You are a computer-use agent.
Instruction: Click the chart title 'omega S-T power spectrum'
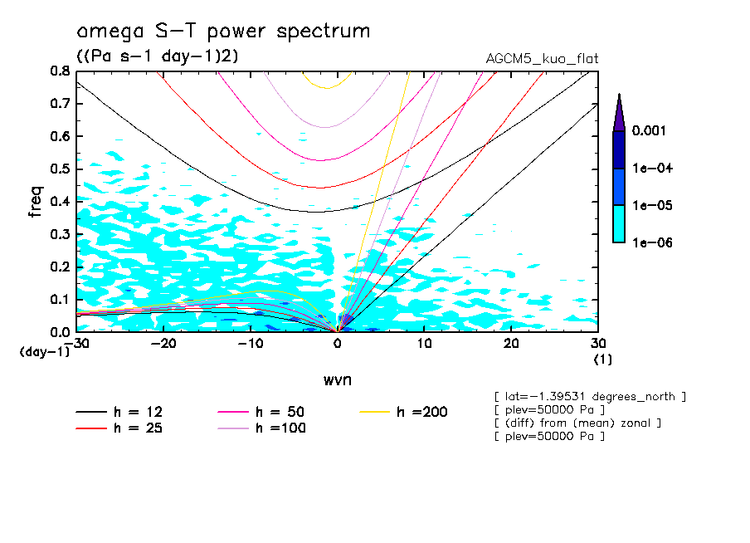coord(223,32)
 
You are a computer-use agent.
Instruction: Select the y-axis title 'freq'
coord(36,202)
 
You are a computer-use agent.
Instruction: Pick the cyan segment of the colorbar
coord(619,223)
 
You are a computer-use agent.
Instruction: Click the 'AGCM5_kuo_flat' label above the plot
coord(542,59)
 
